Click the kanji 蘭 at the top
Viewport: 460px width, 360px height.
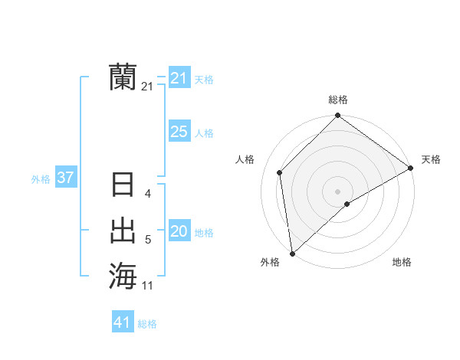point(123,77)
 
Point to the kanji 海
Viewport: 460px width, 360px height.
point(123,276)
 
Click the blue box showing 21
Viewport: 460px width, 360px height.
point(179,78)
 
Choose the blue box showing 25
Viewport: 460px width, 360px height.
point(179,132)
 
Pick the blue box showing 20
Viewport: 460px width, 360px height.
point(179,231)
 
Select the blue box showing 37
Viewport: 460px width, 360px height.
point(65,178)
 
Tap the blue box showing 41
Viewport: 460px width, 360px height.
point(123,322)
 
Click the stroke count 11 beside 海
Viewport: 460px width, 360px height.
point(148,286)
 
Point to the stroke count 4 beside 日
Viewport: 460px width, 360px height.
point(148,194)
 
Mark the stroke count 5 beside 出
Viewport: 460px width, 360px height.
point(148,240)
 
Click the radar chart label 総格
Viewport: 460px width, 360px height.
point(338,100)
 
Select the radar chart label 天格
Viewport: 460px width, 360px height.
point(431,159)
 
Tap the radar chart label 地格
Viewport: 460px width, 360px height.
point(402,262)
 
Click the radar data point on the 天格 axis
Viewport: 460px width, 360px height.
point(411,168)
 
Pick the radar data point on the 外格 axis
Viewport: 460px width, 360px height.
point(292,253)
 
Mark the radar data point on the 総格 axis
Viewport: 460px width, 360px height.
point(338,116)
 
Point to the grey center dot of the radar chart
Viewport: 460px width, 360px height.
point(338,191)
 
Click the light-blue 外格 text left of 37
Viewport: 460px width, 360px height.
point(41,179)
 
